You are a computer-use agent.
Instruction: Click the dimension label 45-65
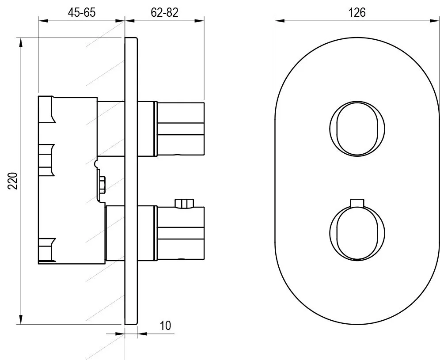click(82, 13)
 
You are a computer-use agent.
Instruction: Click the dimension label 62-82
click(164, 13)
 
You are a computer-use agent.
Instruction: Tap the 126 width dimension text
click(357, 13)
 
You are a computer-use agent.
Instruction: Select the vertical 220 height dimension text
click(13, 181)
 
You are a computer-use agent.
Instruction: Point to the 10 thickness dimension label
click(165, 326)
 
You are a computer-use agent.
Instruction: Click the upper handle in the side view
click(179, 129)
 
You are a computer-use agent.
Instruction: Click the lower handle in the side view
click(179, 233)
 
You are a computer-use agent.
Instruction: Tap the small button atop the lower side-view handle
click(184, 204)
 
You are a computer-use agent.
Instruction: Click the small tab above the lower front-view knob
click(357, 203)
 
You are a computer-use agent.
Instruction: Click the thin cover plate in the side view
click(131, 181)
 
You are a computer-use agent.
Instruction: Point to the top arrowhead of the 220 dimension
click(20, 43)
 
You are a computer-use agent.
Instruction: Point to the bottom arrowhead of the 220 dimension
click(20, 319)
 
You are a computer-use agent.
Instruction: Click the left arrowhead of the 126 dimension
click(280, 20)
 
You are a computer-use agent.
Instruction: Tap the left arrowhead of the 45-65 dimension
click(43, 20)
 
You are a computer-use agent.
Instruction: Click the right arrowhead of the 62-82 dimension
click(199, 20)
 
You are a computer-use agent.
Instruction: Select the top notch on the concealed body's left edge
click(46, 110)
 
